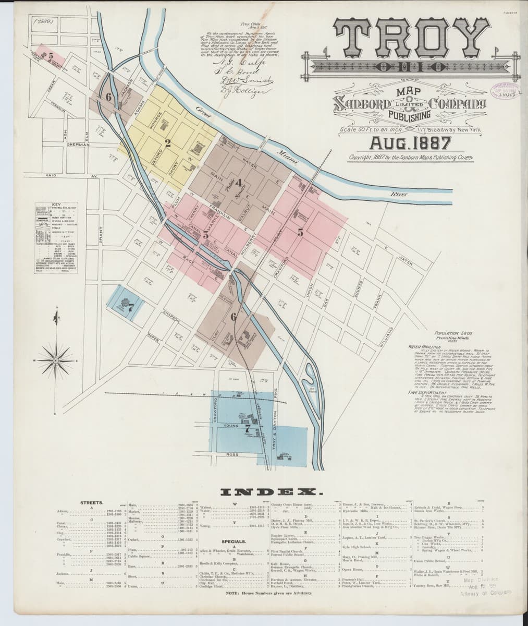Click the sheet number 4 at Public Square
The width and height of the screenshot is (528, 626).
point(238,183)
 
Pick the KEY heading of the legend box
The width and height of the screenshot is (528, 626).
point(57,203)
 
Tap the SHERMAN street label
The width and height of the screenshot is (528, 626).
point(79,144)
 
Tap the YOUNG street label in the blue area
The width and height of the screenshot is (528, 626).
point(231,426)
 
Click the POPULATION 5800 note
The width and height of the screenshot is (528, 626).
point(448,332)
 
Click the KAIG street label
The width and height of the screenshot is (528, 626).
point(52,176)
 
